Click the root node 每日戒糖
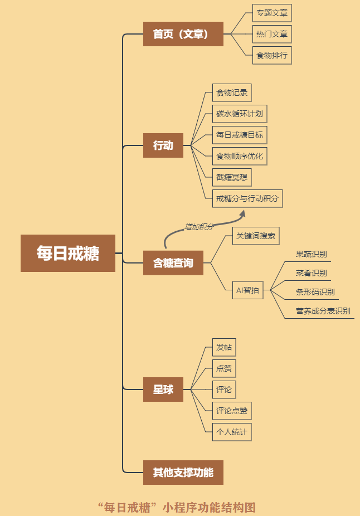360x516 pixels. pyautogui.click(x=68, y=253)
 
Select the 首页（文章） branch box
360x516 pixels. pyautogui.click(x=183, y=34)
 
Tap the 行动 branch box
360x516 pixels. pyautogui.click(x=163, y=145)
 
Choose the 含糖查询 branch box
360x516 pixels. pyautogui.click(x=173, y=262)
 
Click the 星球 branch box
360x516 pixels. pyautogui.click(x=163, y=390)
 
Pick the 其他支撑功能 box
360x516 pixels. pyautogui.click(x=183, y=473)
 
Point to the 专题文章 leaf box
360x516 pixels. pyautogui.click(x=272, y=13)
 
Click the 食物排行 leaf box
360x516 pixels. pyautogui.click(x=272, y=55)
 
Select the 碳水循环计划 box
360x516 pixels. pyautogui.click(x=240, y=114)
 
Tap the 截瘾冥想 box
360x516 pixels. pyautogui.click(x=232, y=177)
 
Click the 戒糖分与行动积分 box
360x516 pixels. pyautogui.click(x=247, y=198)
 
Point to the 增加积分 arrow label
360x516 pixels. pyautogui.click(x=199, y=227)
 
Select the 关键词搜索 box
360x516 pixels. pyautogui.click(x=256, y=236)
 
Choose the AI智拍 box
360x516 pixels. pyautogui.click(x=247, y=290)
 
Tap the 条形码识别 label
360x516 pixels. pyautogui.click(x=315, y=292)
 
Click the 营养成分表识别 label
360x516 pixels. pyautogui.click(x=323, y=311)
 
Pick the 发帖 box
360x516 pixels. pyautogui.click(x=224, y=347)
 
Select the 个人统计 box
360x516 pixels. pyautogui.click(x=232, y=432)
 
